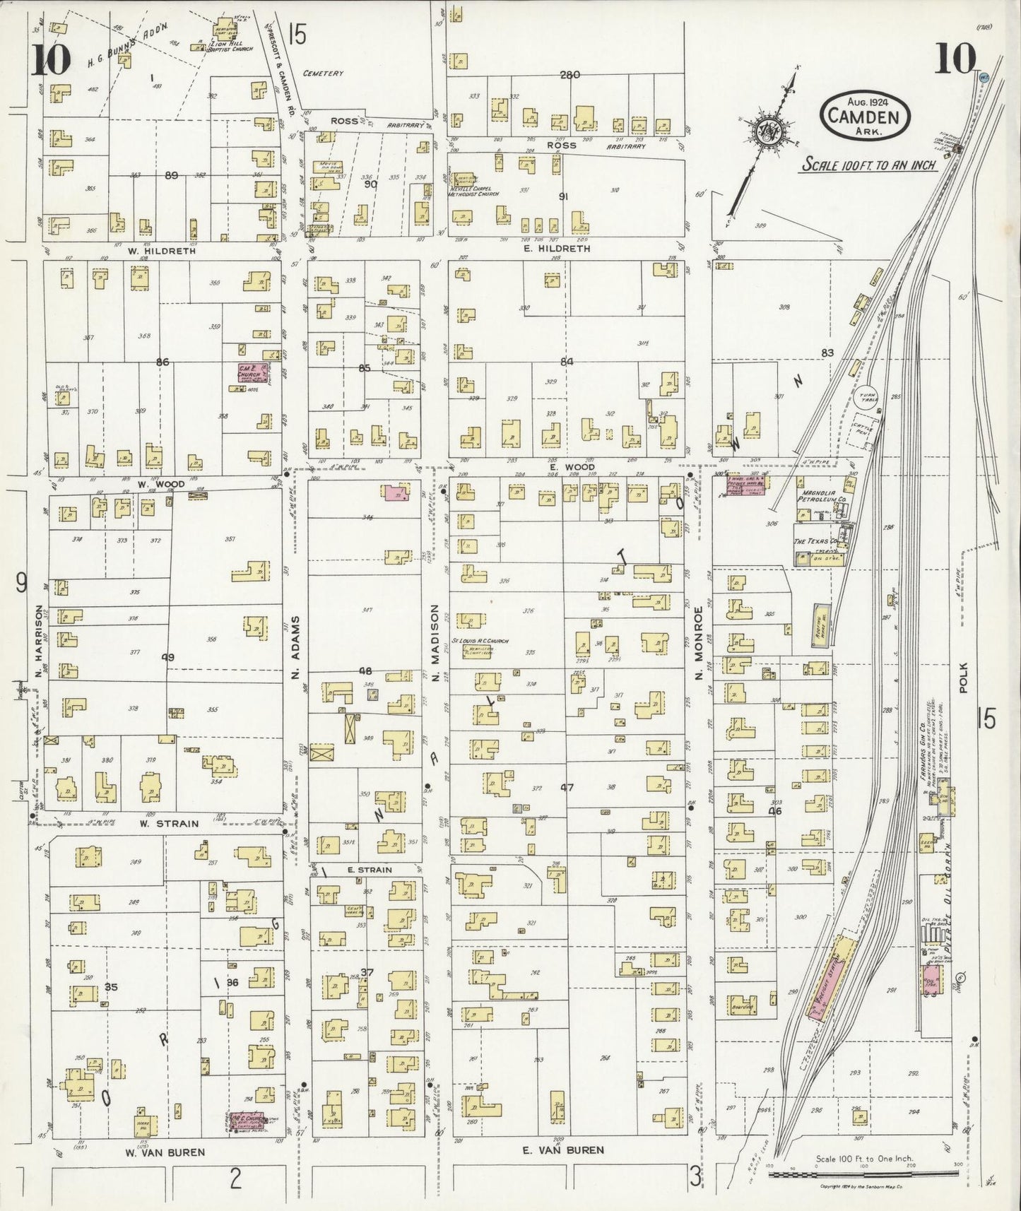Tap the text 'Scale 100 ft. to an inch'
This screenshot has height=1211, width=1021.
coord(868,165)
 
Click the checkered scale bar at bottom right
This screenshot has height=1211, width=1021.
coord(864,1174)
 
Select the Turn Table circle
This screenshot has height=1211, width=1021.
coord(868,398)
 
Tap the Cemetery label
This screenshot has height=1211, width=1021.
coord(323,73)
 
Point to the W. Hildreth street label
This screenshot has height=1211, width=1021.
coord(161,250)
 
